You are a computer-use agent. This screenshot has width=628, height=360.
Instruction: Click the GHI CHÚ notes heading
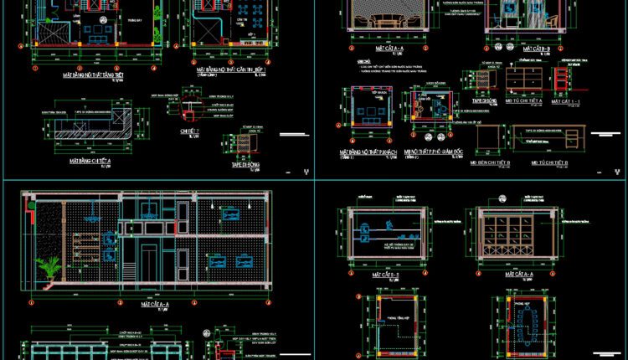click(363, 61)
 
